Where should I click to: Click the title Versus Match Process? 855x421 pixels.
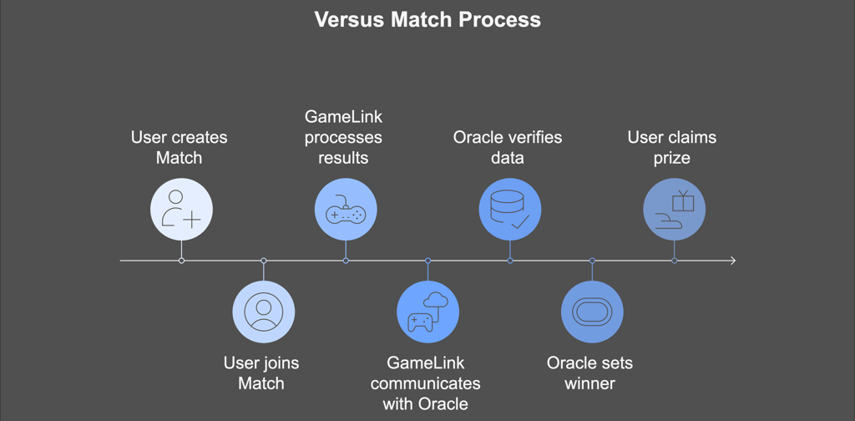pos(427,20)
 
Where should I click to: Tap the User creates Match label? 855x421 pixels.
pos(179,147)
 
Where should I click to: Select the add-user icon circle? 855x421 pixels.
pos(181,210)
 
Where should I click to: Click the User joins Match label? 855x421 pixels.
pos(261,373)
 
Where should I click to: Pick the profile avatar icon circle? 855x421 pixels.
pos(264,312)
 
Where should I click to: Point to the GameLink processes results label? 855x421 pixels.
pos(343,137)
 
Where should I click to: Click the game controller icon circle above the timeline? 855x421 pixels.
pos(346,210)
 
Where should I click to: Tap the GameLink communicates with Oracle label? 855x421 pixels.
pos(425,383)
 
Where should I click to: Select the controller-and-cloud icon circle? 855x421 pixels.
pos(428,312)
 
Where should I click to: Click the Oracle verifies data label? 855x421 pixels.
pos(508,147)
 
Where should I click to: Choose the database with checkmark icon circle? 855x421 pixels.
pos(510,210)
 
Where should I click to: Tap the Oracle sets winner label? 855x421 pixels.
pos(590,373)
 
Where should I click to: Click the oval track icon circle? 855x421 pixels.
pos(592,312)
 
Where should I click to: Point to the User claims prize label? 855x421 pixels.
pos(672,147)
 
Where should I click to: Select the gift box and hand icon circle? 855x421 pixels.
pos(675,210)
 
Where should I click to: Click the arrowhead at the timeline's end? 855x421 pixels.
pos(733,261)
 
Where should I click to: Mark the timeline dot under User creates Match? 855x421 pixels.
pos(181,261)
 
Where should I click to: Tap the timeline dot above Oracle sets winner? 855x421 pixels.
pos(592,261)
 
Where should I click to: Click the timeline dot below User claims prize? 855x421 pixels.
pos(675,261)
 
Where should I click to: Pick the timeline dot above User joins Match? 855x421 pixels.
pos(264,261)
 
